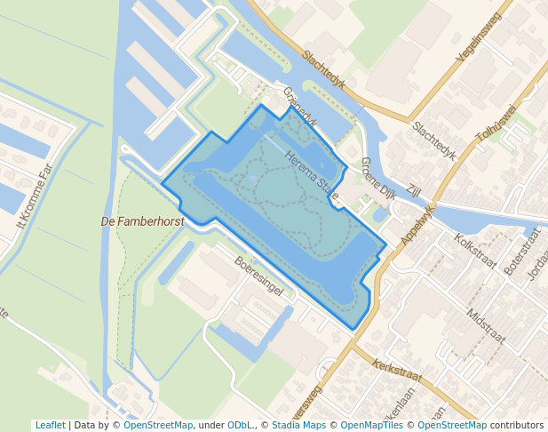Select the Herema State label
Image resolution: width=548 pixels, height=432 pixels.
coord(312,174)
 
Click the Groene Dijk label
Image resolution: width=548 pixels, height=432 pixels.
coord(378,179)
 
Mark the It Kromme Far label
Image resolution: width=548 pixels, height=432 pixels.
coord(35,196)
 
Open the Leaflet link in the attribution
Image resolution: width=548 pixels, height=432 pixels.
coord(51,425)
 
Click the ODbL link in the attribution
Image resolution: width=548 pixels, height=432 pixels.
coord(239,425)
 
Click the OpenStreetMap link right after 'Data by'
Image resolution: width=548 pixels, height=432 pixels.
coord(158,425)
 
